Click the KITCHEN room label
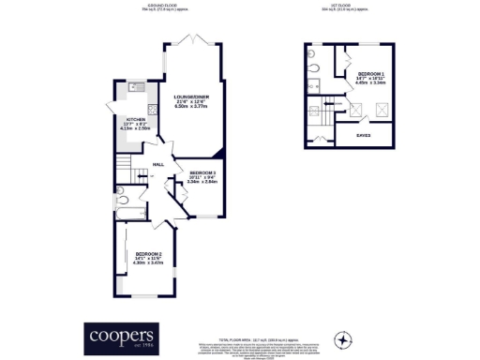point(136,120)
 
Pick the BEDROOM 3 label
point(202,174)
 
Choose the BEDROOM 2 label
point(148,255)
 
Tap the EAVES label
point(362,135)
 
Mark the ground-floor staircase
point(125,170)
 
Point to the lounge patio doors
point(191,43)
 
